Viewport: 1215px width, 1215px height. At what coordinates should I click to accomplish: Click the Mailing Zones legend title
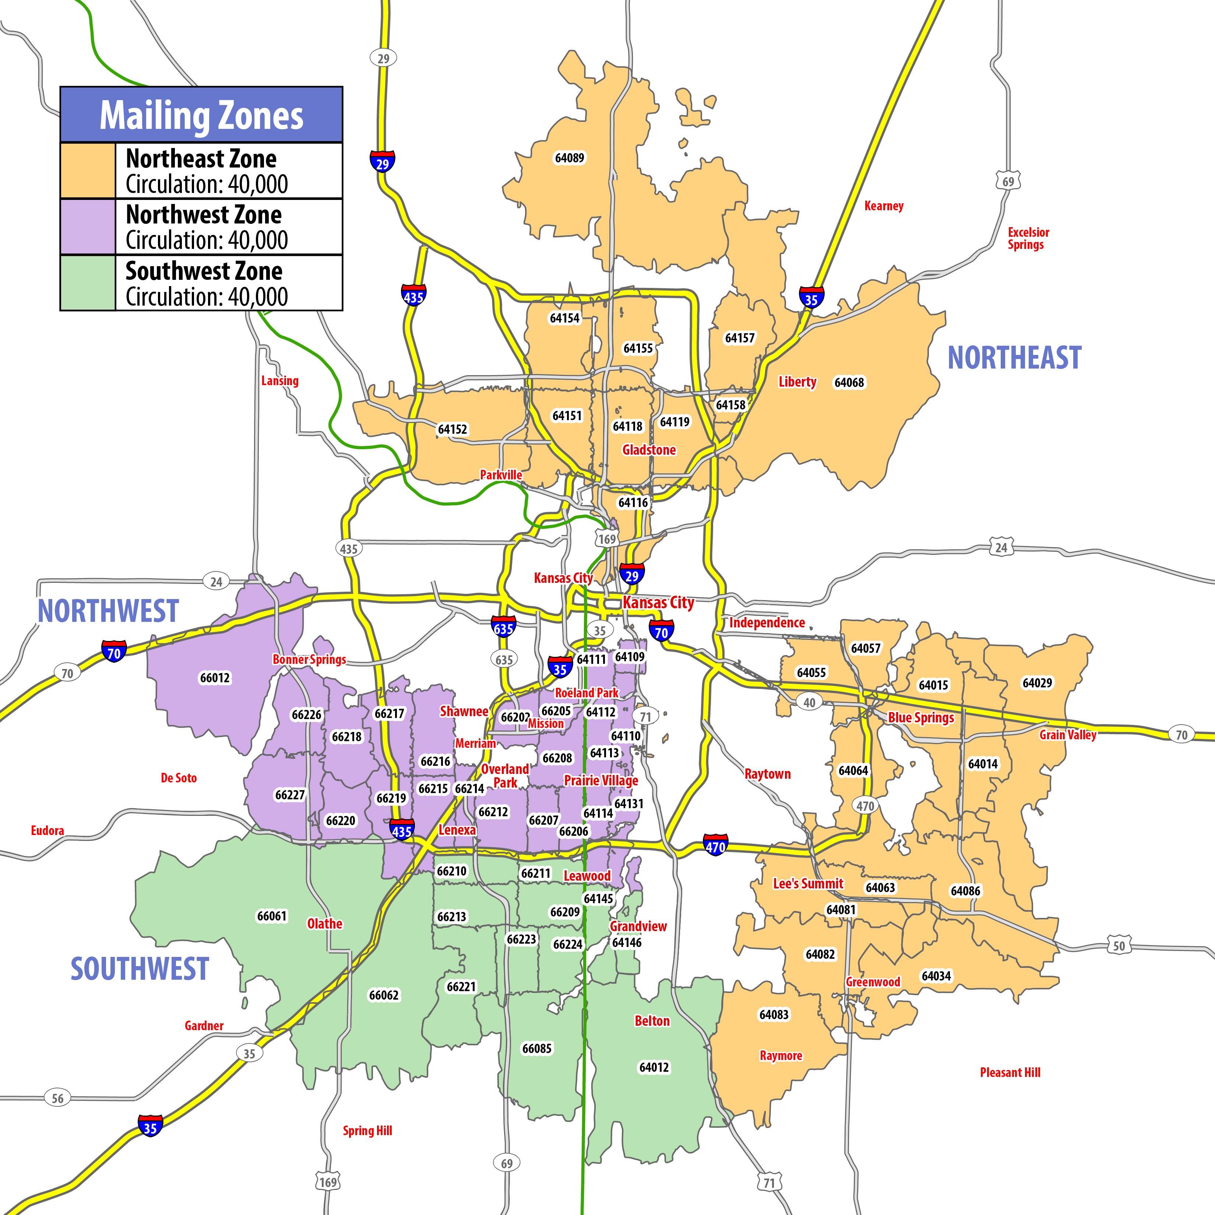201,116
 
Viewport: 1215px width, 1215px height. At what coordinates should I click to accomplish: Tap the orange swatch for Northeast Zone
88,170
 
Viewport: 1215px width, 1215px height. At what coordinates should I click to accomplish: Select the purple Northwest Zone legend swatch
88,226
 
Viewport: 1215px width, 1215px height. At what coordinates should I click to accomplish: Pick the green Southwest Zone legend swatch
88,282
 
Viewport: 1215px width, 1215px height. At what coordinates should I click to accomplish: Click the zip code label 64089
569,158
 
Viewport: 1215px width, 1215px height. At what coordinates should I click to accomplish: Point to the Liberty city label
797,382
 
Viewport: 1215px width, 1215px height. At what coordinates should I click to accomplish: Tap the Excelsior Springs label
1028,238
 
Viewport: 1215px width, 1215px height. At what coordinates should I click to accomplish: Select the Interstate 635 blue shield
503,627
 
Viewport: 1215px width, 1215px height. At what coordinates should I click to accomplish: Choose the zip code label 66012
215,678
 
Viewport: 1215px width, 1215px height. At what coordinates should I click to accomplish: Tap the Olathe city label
324,924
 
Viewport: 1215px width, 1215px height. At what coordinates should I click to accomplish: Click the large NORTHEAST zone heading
1014,358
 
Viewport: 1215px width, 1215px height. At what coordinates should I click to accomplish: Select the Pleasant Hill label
1010,1072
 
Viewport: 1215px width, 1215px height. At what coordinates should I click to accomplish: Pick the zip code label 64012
654,1067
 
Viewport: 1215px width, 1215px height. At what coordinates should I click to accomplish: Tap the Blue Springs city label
921,718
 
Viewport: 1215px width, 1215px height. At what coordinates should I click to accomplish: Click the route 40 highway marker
809,702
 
